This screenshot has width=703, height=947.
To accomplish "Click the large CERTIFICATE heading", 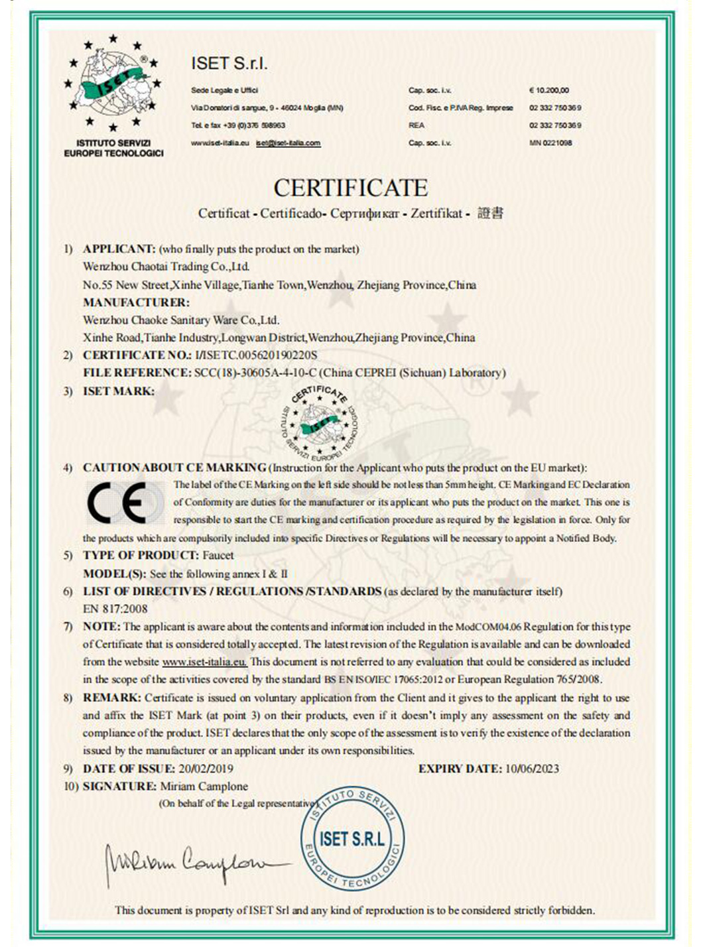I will coord(350,188).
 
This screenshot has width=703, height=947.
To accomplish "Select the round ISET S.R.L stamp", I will coord(351,839).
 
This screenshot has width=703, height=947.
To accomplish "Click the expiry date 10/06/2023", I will coord(532,769).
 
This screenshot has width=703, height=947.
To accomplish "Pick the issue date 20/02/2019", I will coord(206,769).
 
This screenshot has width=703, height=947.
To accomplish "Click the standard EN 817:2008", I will coord(115,609).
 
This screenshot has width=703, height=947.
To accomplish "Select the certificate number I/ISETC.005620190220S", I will coord(255,355).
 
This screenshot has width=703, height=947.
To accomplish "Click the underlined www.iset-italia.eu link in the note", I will coord(204,662).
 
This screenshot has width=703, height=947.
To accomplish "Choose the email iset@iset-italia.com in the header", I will coord(288,143).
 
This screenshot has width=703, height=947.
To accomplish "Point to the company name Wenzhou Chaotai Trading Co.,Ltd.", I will coord(166,267).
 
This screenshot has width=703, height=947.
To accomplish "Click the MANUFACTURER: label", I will coord(136,302).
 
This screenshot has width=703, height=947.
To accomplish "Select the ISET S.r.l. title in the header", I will coord(229,64).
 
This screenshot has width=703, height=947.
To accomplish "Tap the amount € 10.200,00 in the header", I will coord(549,90).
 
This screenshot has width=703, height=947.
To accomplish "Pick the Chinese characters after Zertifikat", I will coord(490,213).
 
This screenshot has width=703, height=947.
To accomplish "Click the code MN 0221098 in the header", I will coord(550,143).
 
